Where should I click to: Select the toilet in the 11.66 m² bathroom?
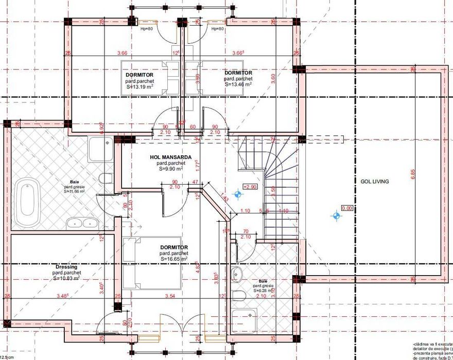coord(106,179)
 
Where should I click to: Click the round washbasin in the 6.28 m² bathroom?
coord(237,274)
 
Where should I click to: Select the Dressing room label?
coord(66,267)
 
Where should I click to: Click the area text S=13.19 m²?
coord(140,87)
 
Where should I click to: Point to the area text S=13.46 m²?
coord(238,84)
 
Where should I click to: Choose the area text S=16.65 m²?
coord(173,259)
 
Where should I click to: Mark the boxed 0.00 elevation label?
coord(347,208)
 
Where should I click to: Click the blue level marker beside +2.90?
coord(238,194)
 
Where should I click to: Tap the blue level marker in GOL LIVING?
coord(336,216)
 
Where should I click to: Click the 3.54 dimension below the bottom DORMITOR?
coord(170,296)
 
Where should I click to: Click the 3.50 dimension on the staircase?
coord(273,189)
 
